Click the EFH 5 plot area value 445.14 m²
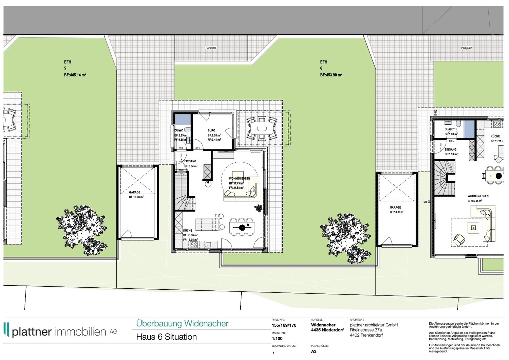click(75, 75)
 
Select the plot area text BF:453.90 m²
click(331, 75)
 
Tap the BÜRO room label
click(211, 130)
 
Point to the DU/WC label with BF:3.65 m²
click(179, 130)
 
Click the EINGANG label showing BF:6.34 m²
click(190, 161)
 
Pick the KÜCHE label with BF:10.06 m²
click(188, 231)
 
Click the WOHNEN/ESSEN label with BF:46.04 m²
click(478, 196)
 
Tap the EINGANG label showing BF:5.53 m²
click(450, 149)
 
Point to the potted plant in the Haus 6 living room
click(259, 208)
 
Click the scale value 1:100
click(277, 339)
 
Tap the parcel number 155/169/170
click(284, 325)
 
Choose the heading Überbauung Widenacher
click(182, 324)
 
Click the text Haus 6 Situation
click(166, 337)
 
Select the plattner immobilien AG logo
click(60, 331)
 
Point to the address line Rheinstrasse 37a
click(366, 330)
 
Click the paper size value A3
click(314, 352)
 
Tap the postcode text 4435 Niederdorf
click(327, 330)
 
